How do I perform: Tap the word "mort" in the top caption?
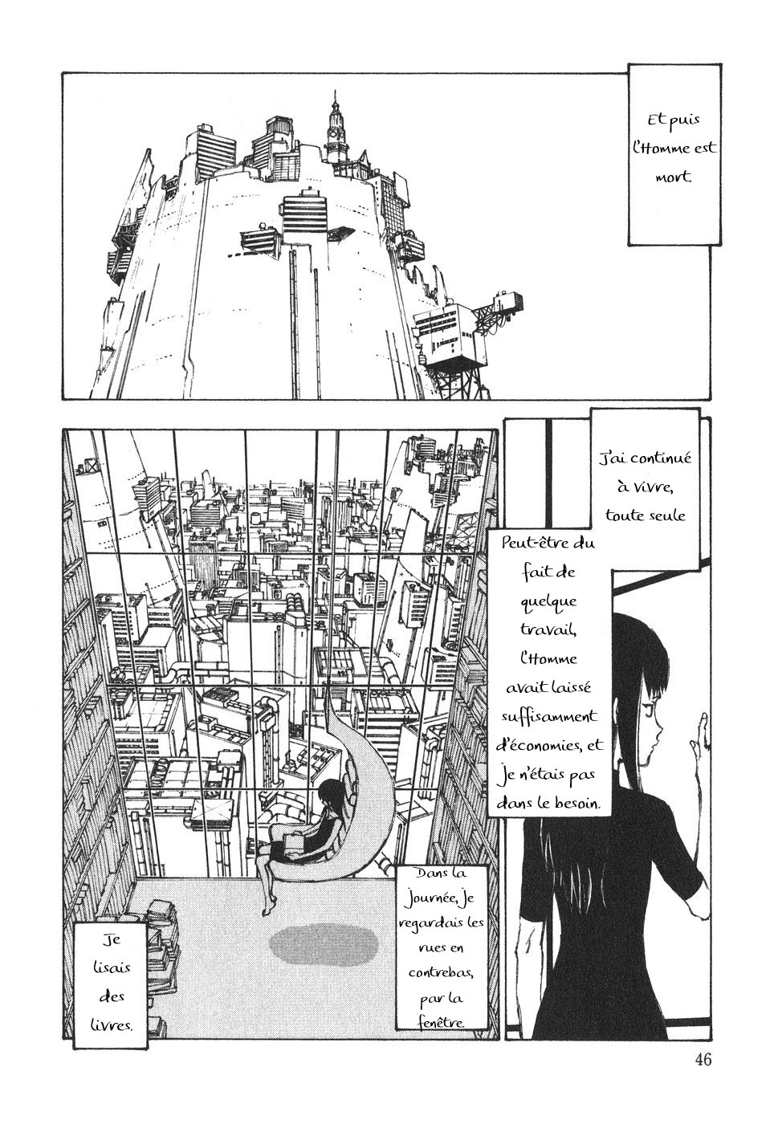(x=673, y=177)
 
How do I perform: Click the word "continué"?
(x=654, y=458)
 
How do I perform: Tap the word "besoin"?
(x=576, y=804)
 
